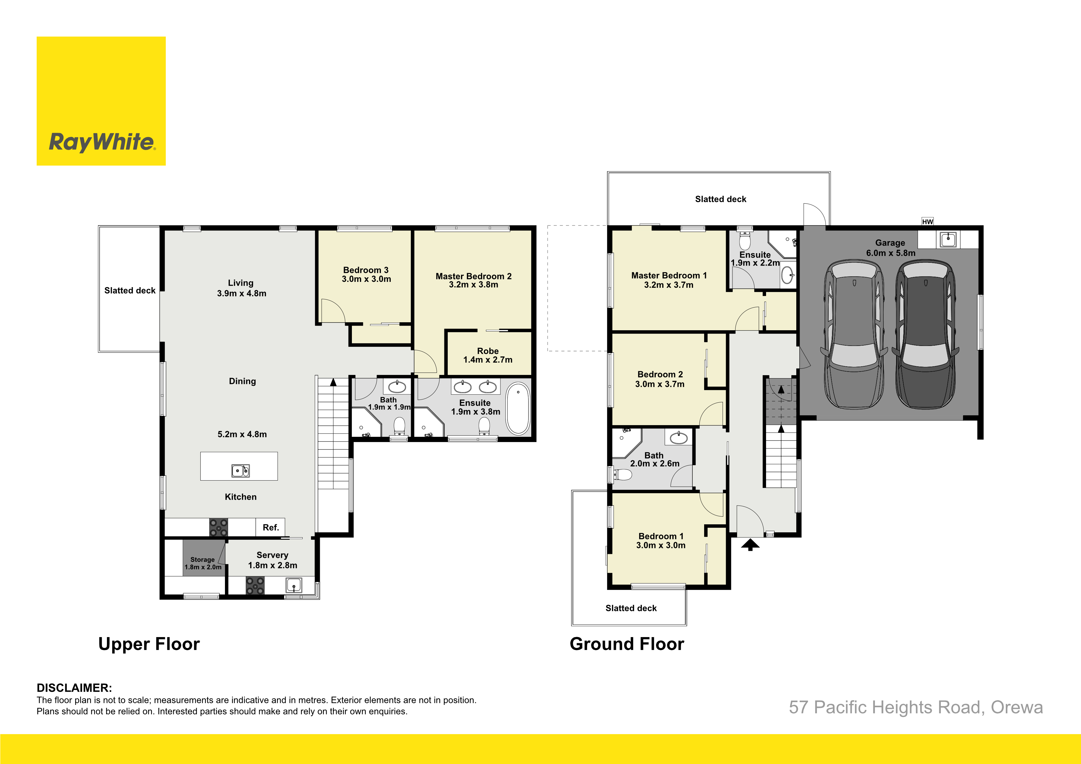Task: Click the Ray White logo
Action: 101,101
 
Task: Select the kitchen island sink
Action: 240,471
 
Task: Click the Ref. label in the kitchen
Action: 271,527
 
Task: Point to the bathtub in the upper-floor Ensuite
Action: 518,408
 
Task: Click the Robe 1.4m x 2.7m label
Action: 488,356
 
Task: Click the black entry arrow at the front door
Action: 750,545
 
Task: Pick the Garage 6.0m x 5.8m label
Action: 890,248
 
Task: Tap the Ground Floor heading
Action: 627,644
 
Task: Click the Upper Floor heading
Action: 149,644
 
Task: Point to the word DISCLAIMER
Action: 74,688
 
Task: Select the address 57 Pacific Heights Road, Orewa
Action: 916,707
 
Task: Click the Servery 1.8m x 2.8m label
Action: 273,560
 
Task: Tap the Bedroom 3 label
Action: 366,270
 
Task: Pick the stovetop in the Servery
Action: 255,586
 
